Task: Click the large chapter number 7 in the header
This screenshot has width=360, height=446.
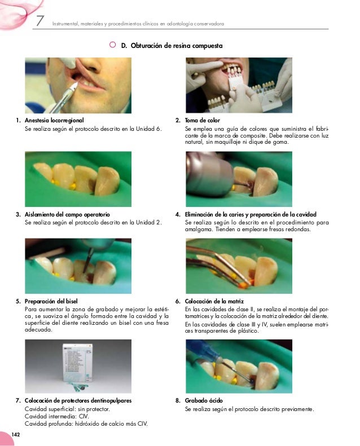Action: (40, 21)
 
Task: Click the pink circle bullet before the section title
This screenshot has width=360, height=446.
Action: (112, 45)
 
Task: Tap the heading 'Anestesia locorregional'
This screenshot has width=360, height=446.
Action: (54, 120)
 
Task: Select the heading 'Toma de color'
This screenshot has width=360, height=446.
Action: (203, 120)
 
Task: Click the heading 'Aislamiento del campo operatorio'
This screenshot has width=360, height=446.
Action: (67, 214)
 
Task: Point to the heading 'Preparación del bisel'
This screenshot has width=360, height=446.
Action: (51, 301)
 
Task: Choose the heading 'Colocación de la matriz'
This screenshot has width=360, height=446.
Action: (214, 301)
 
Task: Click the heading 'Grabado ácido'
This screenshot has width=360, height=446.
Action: (204, 400)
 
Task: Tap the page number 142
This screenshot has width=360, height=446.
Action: (16, 434)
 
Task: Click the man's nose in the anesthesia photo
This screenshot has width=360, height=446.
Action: (93, 65)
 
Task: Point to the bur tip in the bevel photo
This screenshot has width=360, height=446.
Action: (85, 272)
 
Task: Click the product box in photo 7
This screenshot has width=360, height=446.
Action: (77, 363)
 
